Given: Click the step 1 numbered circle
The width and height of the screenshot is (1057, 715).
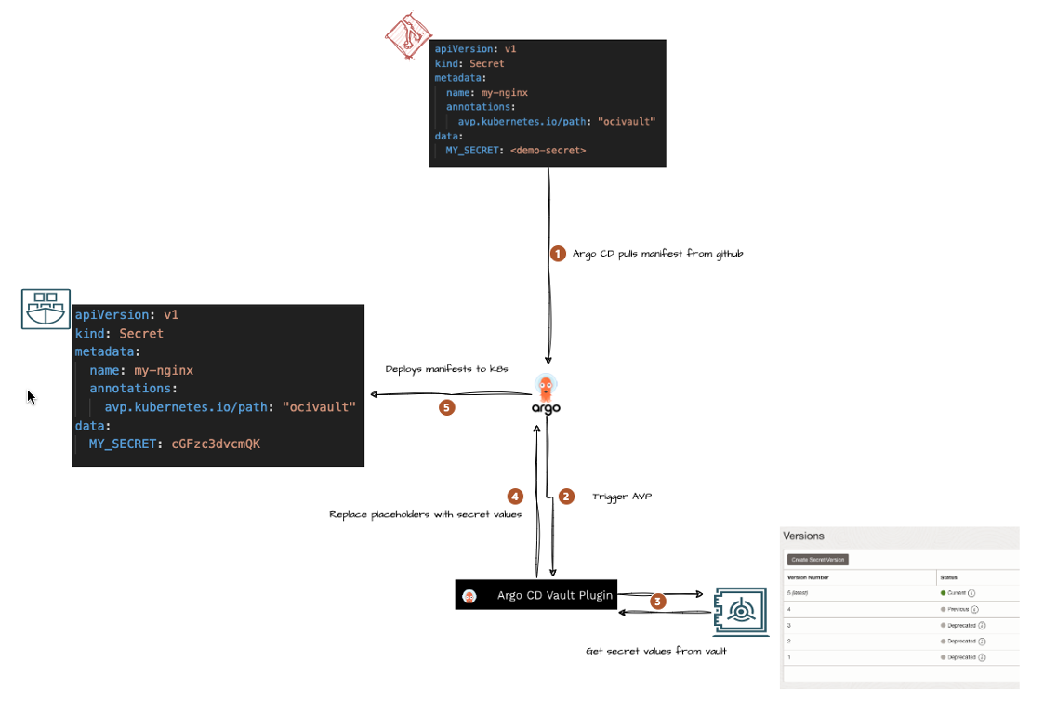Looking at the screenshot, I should click(x=558, y=253).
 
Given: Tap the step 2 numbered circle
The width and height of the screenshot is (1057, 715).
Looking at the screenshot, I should click(x=566, y=497).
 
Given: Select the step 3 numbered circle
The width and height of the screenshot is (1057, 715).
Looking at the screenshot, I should click(x=658, y=602).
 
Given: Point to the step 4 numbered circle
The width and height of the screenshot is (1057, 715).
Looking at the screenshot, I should click(x=515, y=496).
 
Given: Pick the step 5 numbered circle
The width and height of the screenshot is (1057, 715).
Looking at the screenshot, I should click(x=447, y=406).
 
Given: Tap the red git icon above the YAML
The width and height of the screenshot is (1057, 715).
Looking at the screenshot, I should click(x=409, y=36).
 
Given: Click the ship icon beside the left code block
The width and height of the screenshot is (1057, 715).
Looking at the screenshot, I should click(x=46, y=309).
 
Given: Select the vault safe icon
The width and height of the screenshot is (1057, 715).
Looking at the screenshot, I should click(x=741, y=610).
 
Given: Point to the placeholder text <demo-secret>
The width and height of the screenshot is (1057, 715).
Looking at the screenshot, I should click(x=548, y=150).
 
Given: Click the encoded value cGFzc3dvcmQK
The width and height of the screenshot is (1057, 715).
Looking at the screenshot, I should click(x=216, y=444).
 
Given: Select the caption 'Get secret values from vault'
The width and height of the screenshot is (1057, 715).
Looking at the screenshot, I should click(x=655, y=651).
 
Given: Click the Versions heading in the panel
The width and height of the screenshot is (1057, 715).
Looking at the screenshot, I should click(x=804, y=536).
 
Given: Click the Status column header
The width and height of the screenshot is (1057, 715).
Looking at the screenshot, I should click(x=950, y=576).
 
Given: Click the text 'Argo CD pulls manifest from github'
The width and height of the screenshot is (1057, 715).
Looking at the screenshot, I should click(x=657, y=253).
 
